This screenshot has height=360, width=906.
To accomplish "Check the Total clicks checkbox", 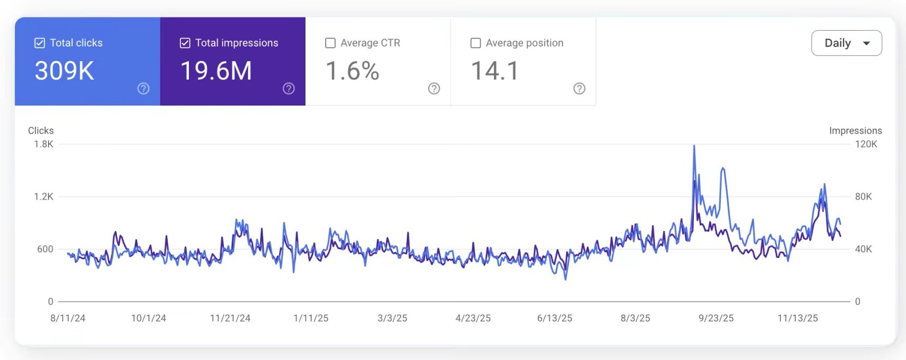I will [x=40, y=43].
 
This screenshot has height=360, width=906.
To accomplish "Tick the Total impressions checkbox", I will [x=185, y=43].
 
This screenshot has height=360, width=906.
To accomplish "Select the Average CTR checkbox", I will [x=330, y=43].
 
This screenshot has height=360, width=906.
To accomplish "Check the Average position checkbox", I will [x=475, y=43].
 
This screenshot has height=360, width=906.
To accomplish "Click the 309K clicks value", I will [x=64, y=71].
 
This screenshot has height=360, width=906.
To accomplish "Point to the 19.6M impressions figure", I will [x=216, y=71].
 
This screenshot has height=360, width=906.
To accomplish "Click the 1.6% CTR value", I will [x=352, y=71].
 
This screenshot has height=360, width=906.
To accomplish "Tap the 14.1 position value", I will [x=495, y=71].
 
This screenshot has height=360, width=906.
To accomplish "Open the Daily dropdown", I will [x=846, y=43].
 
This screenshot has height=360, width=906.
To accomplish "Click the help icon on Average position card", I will [x=579, y=89].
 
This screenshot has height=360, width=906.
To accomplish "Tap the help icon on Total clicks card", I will [x=143, y=89].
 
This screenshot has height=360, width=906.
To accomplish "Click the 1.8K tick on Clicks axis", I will [x=43, y=144].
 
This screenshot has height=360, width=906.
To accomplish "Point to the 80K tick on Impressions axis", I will [x=863, y=196].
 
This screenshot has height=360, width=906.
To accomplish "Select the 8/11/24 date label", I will [x=68, y=318].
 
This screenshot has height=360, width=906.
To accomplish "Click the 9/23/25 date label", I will [x=716, y=318].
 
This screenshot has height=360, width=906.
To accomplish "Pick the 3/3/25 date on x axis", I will [x=392, y=318].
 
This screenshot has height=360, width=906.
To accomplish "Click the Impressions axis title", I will [x=855, y=130].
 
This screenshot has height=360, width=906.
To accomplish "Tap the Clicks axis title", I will [x=41, y=130].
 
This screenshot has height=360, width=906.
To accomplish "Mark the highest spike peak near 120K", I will [x=694, y=146].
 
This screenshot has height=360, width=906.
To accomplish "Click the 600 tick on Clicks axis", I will [x=45, y=249].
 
